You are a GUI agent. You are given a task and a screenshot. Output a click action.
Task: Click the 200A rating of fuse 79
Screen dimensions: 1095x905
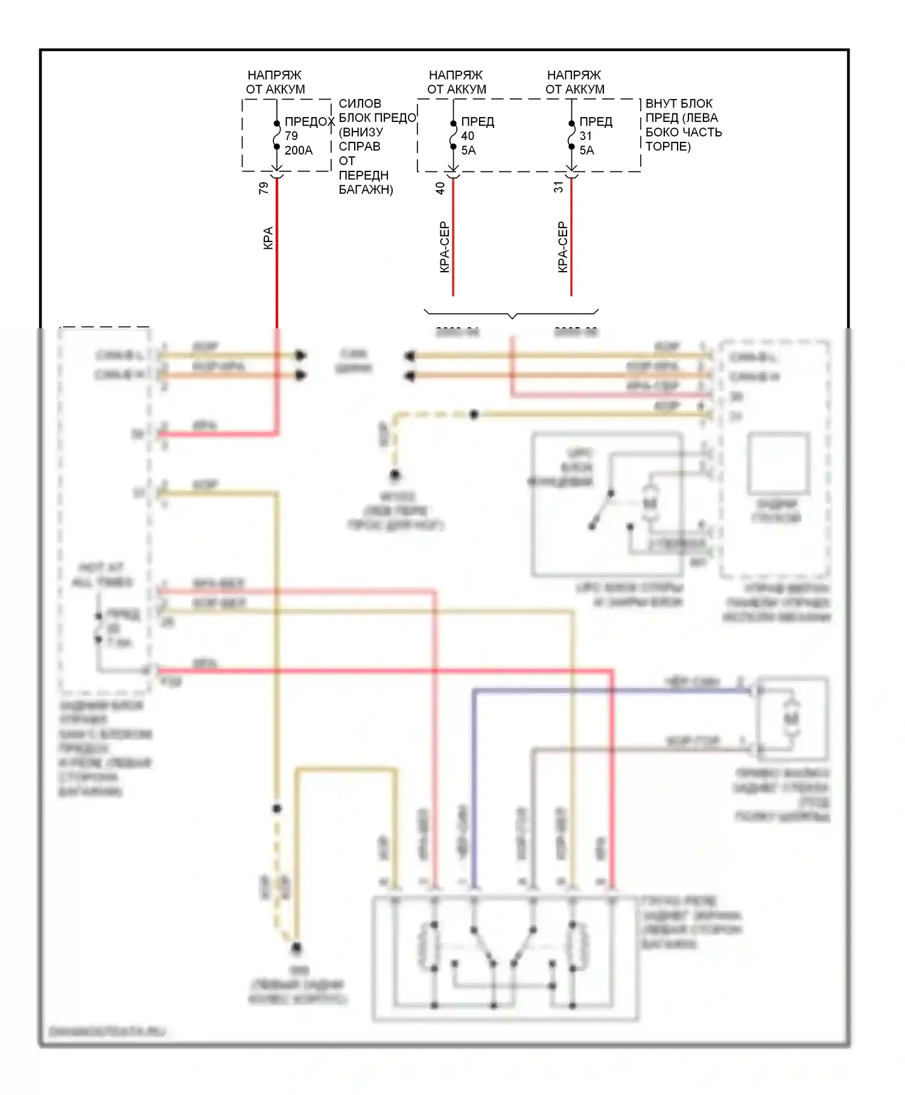coord(299,150)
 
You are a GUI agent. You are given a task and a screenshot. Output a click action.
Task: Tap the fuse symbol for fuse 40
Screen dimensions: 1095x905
coord(453,135)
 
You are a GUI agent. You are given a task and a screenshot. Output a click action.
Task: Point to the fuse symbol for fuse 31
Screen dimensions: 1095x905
coord(571,135)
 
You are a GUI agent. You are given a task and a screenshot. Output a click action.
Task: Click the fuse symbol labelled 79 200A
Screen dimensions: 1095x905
coord(276,135)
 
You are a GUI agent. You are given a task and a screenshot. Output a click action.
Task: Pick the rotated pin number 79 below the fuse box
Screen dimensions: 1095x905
coord(264,188)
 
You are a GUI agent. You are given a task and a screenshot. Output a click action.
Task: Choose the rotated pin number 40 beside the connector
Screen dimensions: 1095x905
coord(440,188)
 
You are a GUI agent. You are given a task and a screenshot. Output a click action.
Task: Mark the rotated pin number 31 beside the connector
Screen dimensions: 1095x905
coord(559,188)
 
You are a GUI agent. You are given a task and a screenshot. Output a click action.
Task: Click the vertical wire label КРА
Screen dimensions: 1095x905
coord(268,238)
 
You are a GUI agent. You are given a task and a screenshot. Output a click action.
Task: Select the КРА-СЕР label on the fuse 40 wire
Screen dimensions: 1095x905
coord(445,247)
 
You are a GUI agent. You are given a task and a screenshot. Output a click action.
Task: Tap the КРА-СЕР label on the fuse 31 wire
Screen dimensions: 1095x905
coord(563,247)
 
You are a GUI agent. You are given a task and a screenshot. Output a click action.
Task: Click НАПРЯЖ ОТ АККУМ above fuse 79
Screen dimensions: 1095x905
coord(275,82)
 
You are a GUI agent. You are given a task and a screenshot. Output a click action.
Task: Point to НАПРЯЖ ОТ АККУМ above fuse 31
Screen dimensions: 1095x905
coord(574,82)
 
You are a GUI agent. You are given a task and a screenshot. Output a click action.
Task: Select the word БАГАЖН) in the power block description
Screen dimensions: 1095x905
coord(366,190)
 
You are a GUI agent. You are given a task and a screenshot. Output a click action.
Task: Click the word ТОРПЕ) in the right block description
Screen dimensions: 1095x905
coord(668,147)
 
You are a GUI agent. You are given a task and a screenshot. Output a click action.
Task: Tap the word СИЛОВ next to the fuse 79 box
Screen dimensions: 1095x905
coord(360,103)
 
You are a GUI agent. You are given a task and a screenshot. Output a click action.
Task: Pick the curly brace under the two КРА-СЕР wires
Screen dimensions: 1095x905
coord(512,314)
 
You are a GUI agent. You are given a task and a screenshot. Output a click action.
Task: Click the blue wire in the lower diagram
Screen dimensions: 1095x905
coord(474,785)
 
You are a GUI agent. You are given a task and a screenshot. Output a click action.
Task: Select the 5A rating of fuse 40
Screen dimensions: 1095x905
coord(468,150)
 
